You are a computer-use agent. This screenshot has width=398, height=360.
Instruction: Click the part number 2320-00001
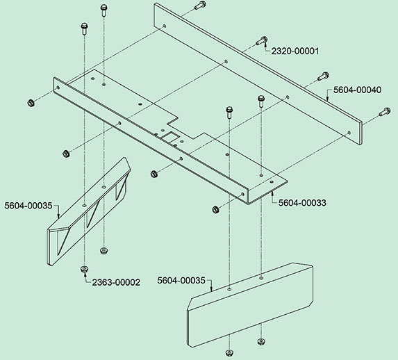pos(295,51)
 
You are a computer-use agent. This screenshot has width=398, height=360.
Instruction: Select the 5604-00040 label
pos(357,90)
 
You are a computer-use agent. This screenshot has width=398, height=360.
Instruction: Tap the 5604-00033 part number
pos(302,203)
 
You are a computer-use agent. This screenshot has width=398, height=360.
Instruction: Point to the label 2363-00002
pos(116,283)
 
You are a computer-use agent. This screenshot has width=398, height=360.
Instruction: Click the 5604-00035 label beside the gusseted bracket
pos(28,206)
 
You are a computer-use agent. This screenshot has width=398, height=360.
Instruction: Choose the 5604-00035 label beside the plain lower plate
pos(181,281)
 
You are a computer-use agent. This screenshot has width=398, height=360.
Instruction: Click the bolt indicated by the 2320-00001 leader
pos(261,40)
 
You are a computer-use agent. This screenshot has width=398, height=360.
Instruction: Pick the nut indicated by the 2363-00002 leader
pos(84,269)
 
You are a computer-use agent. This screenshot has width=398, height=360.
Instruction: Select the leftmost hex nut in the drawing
pos(31,103)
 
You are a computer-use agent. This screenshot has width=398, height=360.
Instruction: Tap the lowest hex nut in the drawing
pos(229,353)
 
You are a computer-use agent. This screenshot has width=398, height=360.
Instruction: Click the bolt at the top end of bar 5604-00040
pos(201,5)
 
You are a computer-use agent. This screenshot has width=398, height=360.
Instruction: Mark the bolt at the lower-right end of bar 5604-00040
pos(385,112)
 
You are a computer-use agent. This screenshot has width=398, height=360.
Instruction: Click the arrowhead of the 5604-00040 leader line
pos(327,99)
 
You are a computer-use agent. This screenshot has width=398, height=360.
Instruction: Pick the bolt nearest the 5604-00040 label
pos(324,76)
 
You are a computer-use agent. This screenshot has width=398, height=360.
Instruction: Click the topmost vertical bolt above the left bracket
pos(103,10)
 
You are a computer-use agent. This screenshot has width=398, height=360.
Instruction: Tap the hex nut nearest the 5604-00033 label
pos(215,210)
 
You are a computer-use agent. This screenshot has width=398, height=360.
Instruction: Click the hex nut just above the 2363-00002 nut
pos(103,251)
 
